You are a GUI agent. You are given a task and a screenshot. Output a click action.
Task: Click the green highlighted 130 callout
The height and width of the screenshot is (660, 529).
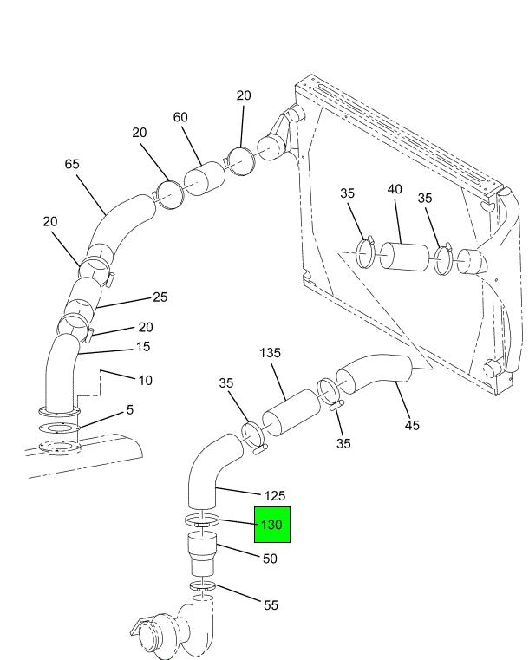271,525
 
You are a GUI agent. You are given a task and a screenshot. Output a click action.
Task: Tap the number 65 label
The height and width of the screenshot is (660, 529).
72,164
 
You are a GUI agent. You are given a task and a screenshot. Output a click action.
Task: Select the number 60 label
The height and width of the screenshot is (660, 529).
180,117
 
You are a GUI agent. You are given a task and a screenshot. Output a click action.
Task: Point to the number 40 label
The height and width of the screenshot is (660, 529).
395,189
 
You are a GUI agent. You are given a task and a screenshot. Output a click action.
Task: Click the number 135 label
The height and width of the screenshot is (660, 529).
270,353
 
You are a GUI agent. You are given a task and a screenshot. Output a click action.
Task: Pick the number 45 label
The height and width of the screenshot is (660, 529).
412,425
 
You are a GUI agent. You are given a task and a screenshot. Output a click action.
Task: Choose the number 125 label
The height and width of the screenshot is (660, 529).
274,496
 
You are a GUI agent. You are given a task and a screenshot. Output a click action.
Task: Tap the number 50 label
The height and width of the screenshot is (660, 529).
270,559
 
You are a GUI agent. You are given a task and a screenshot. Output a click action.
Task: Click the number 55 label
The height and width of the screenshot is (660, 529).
271,604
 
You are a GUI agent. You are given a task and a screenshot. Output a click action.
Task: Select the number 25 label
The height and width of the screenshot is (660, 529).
160,297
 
